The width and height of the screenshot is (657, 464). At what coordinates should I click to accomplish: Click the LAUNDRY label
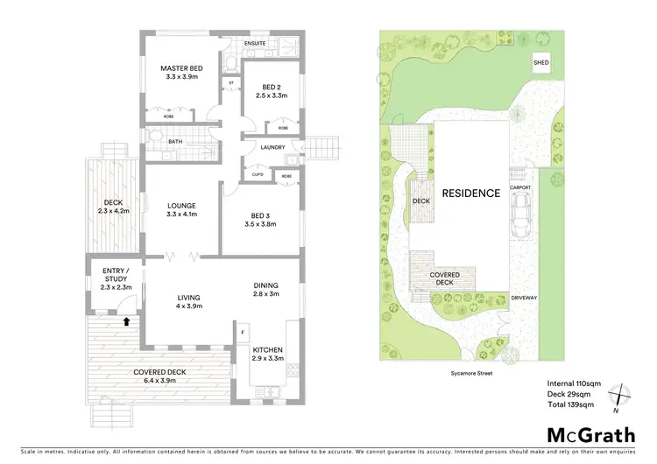click(272, 147)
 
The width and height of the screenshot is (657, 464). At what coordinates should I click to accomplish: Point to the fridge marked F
click(242, 333)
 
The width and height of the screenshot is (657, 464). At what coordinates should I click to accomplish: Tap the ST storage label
click(231, 83)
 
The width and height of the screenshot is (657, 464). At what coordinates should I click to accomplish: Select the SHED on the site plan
click(542, 64)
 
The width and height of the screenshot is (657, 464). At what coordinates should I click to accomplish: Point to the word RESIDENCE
click(470, 193)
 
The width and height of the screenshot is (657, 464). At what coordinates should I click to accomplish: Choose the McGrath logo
click(592, 435)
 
